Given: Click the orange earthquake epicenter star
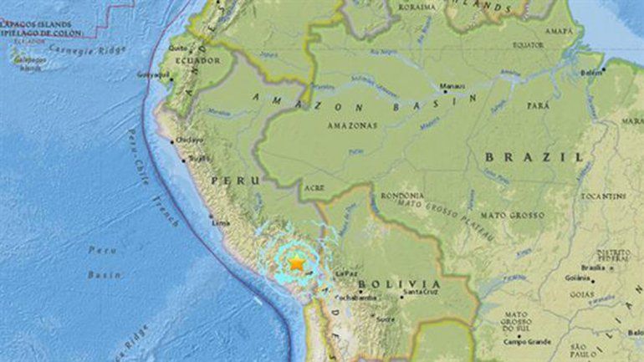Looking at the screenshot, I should point(296,263).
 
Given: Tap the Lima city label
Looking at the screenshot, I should point(221,223).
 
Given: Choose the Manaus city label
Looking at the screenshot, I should point(454,86).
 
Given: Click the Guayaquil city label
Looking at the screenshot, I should point(156,74).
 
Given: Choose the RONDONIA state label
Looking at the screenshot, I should point(396,195).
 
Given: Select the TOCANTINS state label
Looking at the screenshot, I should point(604,196).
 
